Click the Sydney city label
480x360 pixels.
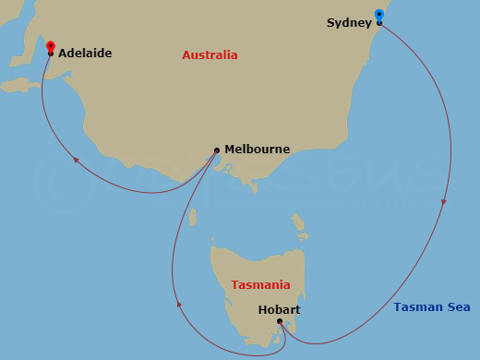point(349,22)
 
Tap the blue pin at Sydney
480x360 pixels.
point(379,15)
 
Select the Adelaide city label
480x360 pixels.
point(85,54)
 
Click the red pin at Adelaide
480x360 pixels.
point(50,46)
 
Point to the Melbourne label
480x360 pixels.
point(257,150)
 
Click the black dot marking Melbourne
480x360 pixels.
point(217,150)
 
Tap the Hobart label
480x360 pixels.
point(279,310)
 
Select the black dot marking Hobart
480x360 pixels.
point(280,322)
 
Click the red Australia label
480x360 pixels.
point(210,55)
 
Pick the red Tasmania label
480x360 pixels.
point(260,285)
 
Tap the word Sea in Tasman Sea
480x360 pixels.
point(460,307)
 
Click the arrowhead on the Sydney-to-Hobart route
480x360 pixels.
point(445,201)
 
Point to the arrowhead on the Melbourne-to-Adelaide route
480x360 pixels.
point(77,162)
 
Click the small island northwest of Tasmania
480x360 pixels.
point(193,217)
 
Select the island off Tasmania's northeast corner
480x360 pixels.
point(299,222)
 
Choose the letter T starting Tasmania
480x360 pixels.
point(234,285)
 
